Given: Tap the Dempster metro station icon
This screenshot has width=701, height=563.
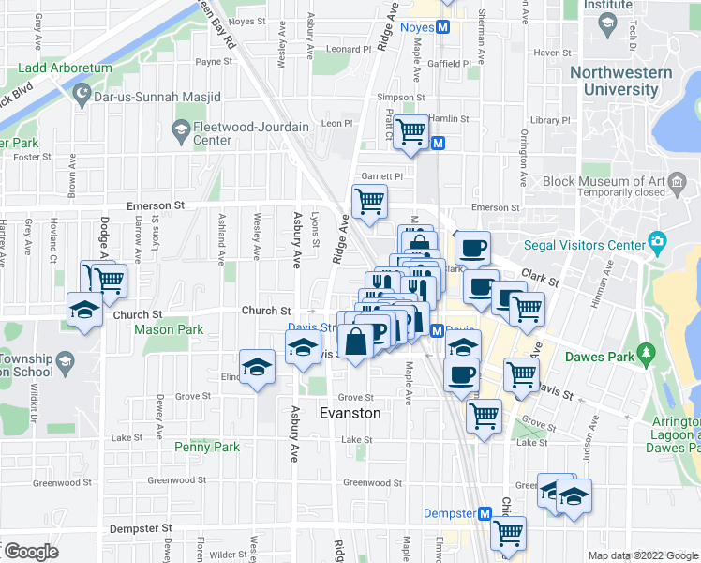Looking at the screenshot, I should [x=485, y=513].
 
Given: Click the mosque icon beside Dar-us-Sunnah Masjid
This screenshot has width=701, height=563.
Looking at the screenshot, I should [x=82, y=96].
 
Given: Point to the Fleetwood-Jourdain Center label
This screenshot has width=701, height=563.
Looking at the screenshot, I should [x=211, y=133].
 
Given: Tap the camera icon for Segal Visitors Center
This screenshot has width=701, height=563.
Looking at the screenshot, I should [x=657, y=244].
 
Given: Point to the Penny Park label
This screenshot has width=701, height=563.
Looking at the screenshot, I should [x=207, y=447].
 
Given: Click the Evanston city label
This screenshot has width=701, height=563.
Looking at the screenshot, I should [x=350, y=413].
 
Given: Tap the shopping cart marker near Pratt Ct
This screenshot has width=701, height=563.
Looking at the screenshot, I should [x=410, y=131].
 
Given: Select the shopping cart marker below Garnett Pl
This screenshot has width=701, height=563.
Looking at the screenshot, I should [x=369, y=201].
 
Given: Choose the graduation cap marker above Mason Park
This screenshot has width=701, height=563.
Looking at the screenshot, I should [x=84, y=310].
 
